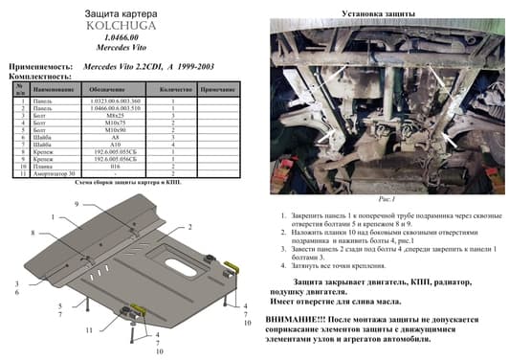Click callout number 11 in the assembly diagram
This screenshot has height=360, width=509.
coord(88,329)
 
